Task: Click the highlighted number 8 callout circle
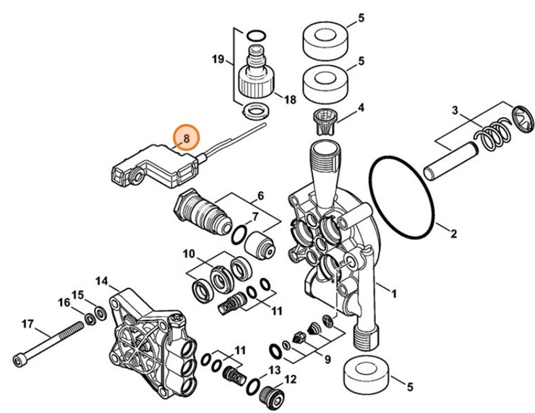(185, 137)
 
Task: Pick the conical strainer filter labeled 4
(325, 120)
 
